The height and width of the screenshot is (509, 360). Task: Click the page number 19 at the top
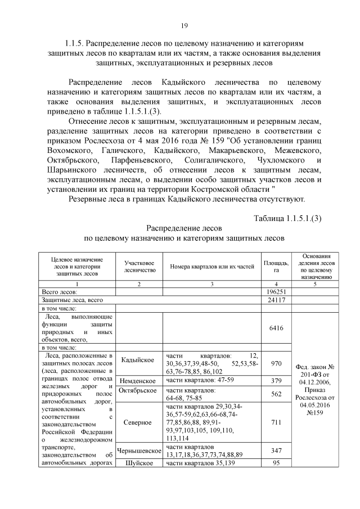pos(184,26)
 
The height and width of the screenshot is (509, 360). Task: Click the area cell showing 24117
pos(276,300)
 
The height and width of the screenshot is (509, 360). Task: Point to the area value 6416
pos(276,328)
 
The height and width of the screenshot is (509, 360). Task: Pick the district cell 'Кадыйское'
pos(138,360)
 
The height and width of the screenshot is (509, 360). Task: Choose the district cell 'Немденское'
pos(138,381)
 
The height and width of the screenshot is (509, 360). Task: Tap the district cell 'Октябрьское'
pos(138,391)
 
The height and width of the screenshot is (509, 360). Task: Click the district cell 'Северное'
pos(138,422)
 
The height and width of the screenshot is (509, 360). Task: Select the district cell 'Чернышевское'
pos(138,451)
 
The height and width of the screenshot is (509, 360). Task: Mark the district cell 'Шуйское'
pos(138,463)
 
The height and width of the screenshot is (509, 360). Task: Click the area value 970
pos(276,364)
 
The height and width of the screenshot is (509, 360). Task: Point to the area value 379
pos(276,381)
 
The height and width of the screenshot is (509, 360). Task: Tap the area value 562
pos(276,394)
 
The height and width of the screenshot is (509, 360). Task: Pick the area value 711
pos(276,422)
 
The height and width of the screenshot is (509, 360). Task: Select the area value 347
pos(276,451)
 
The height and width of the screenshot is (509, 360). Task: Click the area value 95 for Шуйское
pos(276,463)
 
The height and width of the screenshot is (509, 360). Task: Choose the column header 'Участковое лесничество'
pos(139,267)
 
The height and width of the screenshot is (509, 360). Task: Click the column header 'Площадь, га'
pos(276,267)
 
